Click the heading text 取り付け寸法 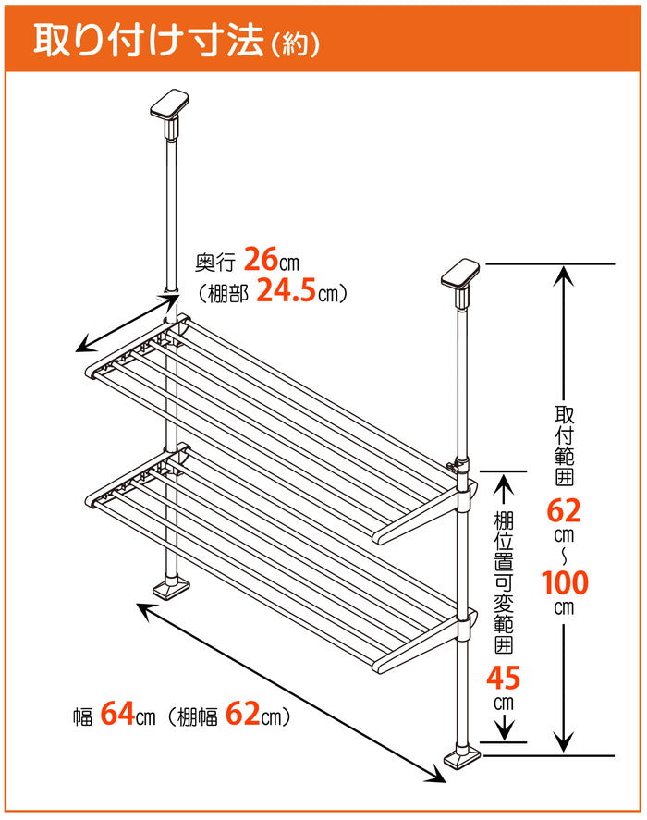pyautogui.click(x=148, y=41)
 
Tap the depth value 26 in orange pyautogui.click(x=261, y=259)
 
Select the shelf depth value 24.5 pyautogui.click(x=287, y=291)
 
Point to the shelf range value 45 pyautogui.click(x=503, y=679)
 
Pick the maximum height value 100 pyautogui.click(x=565, y=583)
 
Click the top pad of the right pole pyautogui.click(x=460, y=273)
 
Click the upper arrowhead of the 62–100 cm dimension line pyautogui.click(x=564, y=275)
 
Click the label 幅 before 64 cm pyautogui.click(x=83, y=716)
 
